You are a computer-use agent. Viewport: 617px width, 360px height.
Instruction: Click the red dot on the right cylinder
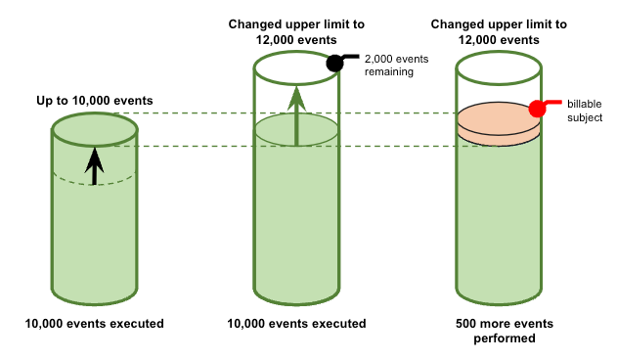[537, 109]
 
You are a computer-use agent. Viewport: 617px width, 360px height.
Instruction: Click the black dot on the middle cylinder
[334, 64]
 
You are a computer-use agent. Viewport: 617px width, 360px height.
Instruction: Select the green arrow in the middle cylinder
[296, 113]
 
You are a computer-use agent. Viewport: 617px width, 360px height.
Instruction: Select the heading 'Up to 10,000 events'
[94, 100]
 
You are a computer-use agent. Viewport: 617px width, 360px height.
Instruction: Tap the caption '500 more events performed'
[500, 332]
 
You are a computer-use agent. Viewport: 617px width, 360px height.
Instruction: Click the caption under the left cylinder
[94, 323]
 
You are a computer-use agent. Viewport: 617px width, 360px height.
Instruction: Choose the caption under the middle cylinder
[296, 323]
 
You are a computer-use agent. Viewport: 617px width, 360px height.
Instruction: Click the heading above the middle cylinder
[296, 31]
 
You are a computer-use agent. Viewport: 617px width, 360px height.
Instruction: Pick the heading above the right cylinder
[500, 31]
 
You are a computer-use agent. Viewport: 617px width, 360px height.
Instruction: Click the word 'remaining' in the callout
[388, 72]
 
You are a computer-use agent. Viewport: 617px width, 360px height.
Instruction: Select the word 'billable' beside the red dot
[585, 103]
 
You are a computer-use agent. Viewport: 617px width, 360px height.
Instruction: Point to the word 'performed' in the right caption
[500, 340]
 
